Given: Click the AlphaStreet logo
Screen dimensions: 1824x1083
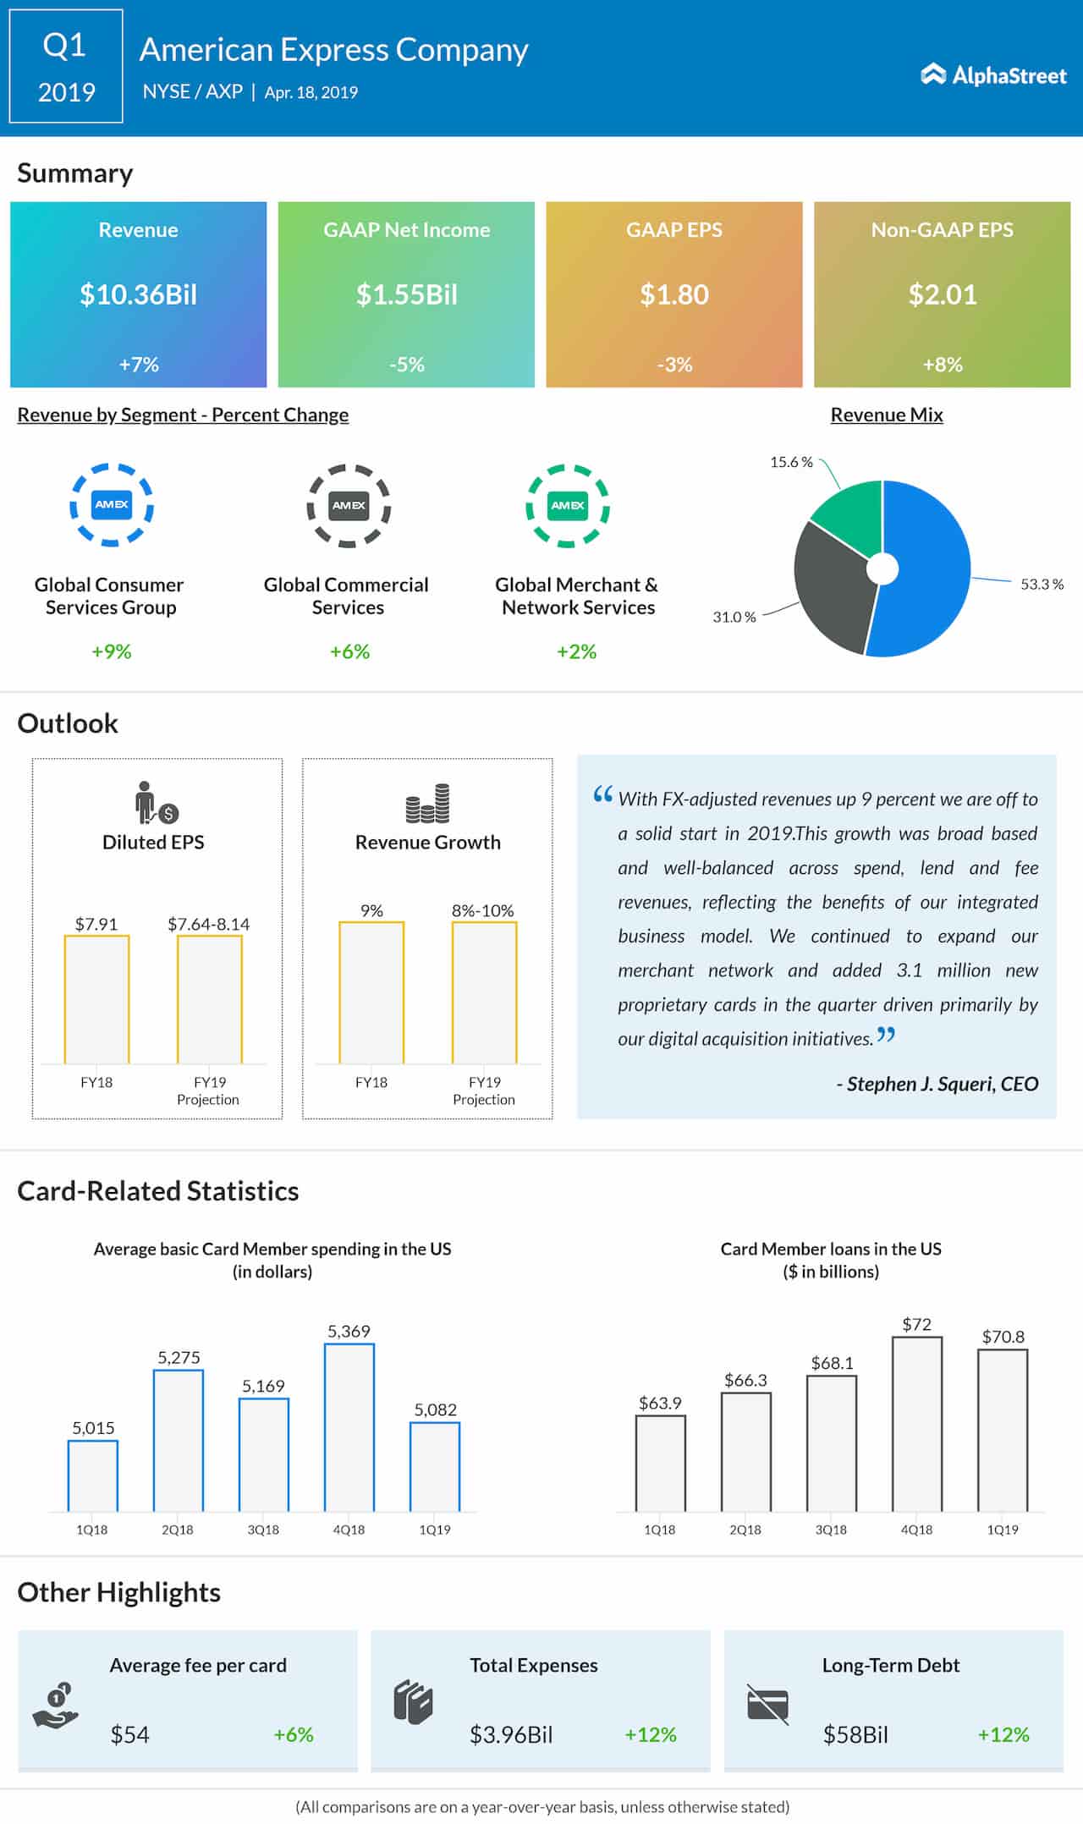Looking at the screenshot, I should [x=993, y=75].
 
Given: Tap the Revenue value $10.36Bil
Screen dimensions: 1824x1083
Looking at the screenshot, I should [x=138, y=294].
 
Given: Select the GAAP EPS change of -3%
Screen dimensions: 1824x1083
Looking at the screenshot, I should [x=674, y=365].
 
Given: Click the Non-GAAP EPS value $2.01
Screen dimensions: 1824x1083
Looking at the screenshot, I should [x=942, y=294].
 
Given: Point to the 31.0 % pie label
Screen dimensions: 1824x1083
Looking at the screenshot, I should [x=734, y=617].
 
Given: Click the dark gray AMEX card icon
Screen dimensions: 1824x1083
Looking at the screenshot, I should [x=349, y=505].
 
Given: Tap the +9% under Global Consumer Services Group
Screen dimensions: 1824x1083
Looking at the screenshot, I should [x=112, y=651].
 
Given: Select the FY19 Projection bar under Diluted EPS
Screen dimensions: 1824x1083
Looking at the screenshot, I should [x=210, y=999].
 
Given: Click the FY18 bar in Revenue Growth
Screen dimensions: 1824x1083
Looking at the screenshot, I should [x=371, y=992].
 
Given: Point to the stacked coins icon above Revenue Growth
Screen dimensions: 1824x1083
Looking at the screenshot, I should [x=427, y=804].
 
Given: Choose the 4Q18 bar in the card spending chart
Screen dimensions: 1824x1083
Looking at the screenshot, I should [x=349, y=1428].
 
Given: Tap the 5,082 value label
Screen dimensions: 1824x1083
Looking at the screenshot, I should [x=435, y=1409].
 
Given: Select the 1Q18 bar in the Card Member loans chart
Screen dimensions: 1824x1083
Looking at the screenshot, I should [x=660, y=1463].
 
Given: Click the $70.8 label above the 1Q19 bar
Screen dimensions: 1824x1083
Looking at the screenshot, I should [x=1003, y=1337].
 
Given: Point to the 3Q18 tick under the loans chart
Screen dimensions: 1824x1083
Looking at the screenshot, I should [x=831, y=1530].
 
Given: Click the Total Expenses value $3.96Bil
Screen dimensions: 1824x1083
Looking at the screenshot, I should [x=511, y=1734].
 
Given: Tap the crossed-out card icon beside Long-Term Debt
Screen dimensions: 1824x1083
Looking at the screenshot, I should [x=767, y=1704].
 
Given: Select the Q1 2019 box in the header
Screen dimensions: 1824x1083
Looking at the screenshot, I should [x=66, y=67].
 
